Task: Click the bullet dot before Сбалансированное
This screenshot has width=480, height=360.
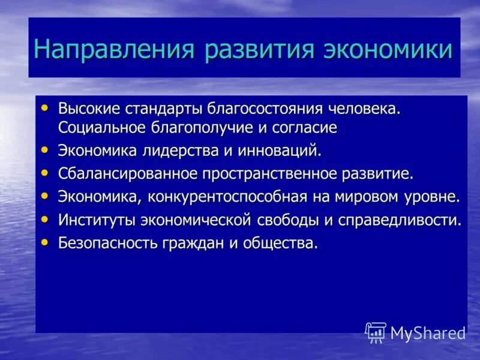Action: (x=46, y=172)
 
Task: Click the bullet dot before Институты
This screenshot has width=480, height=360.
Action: (x=46, y=218)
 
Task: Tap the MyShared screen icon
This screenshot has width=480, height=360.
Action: (x=376, y=332)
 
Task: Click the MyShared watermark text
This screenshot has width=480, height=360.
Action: (x=428, y=333)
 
